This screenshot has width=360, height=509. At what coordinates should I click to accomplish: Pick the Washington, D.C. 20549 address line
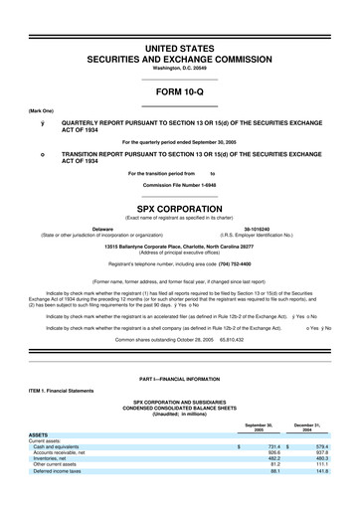pyautogui.click(x=179, y=68)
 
